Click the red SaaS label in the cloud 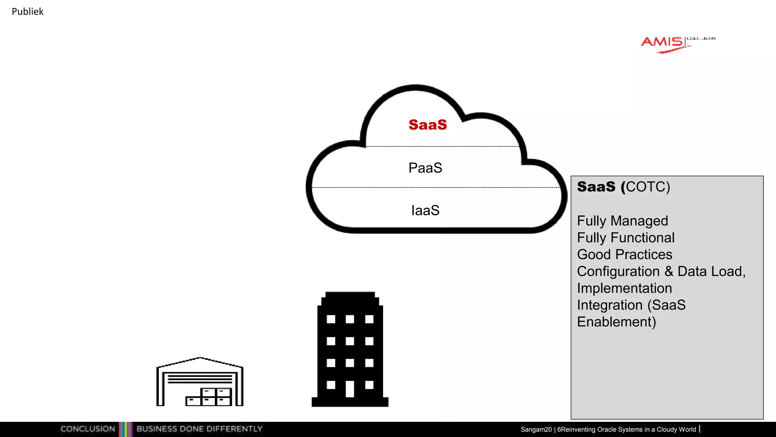tap(427, 125)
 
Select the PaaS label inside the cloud tap(425, 168)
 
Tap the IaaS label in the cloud tap(425, 210)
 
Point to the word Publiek tap(28, 12)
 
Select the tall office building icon tap(350, 349)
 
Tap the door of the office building tap(350, 389)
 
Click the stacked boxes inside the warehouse tap(209, 397)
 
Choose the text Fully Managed tap(622, 221)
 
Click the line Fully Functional tap(626, 238)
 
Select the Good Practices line tap(624, 255)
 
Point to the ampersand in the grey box tap(669, 271)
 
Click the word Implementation tap(624, 288)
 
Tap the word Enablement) tap(616, 322)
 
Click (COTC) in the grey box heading tap(648, 187)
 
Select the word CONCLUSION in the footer tap(88, 429)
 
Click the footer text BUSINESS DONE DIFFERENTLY tap(199, 429)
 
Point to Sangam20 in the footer tap(536, 429)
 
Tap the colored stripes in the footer tap(125, 429)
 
